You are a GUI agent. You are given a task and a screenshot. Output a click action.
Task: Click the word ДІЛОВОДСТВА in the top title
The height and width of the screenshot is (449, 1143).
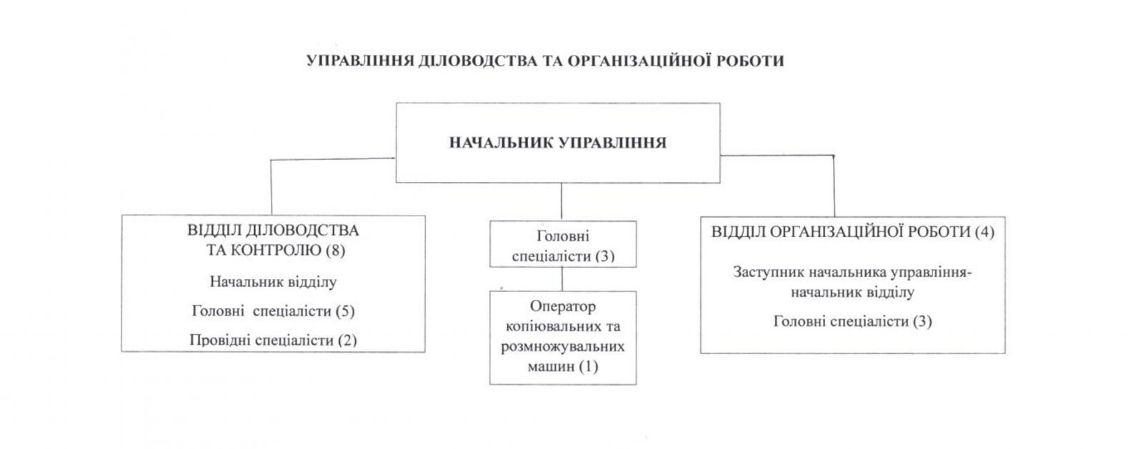coord(478,61)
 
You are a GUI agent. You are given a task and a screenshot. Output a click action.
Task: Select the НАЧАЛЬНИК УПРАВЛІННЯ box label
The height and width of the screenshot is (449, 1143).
coord(558,143)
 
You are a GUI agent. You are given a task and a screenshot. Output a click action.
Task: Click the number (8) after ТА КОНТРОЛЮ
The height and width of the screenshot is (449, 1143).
coord(335,251)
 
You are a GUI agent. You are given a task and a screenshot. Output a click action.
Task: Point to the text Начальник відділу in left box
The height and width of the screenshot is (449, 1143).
coord(273,282)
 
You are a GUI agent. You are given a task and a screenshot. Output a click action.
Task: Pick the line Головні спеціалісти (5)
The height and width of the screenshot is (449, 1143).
coord(273,311)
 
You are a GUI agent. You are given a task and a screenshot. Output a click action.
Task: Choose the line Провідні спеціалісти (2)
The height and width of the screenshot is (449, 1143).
coord(273,340)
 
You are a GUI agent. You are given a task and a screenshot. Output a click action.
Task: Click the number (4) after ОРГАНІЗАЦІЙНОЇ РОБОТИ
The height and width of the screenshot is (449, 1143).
coord(984,232)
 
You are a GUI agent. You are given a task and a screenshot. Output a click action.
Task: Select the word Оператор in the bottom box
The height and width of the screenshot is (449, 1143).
coord(562,306)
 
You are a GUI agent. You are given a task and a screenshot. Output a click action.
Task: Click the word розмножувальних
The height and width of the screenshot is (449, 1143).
coord(562,347)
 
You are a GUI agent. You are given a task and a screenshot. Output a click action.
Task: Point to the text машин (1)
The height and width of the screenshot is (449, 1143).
coord(562,366)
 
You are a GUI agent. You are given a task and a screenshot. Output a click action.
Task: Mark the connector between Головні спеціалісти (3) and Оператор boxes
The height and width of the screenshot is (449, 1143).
coord(562,279)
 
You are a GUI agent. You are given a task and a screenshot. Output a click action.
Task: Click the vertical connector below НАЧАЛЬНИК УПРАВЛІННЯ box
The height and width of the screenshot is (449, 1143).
coord(561,202)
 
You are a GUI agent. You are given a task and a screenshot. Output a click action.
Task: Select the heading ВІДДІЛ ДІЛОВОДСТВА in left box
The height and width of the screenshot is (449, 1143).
coord(273,231)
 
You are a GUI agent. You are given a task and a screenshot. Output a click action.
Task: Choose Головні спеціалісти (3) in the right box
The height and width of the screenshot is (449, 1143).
coord(853,322)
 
